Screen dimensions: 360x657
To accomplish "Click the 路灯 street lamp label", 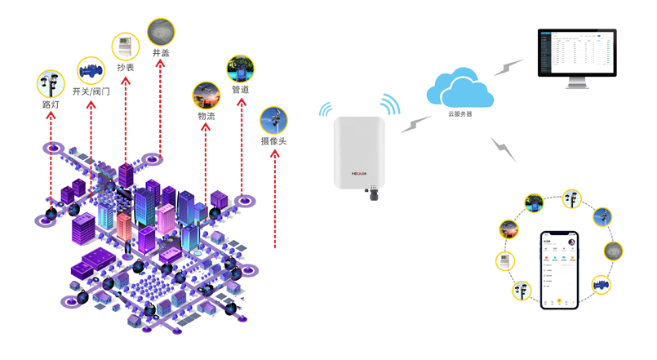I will point(51,104).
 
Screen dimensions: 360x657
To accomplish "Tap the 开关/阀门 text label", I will point(91,91).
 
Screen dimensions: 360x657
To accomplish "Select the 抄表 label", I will point(125,67).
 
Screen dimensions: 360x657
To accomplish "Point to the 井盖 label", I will point(160,52).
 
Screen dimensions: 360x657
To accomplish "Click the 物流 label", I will point(206,116).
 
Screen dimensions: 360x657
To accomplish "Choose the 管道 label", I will point(240,89).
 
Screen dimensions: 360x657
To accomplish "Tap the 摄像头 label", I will point(274,141).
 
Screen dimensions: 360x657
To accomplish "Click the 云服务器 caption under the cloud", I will point(460,114).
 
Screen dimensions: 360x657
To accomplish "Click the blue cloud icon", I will point(460,87).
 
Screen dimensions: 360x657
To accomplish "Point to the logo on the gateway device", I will point(360,173).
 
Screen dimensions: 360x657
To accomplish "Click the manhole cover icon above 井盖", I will point(160,32).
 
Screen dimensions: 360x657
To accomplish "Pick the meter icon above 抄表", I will point(125,46).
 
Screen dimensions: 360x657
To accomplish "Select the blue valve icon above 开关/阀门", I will point(91,71).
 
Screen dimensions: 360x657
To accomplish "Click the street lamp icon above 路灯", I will point(51,84).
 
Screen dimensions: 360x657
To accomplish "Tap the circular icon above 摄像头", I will point(274,121).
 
